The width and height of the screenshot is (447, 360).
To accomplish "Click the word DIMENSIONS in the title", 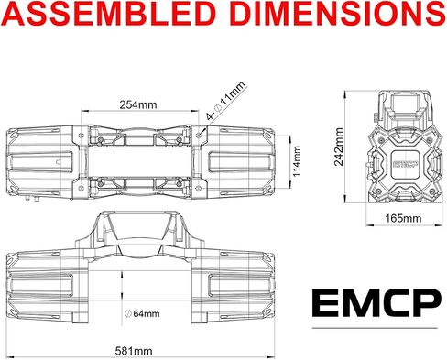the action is [339, 13].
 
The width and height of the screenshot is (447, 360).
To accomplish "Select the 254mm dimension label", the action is [138, 104].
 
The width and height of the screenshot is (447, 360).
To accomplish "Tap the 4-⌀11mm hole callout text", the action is [225, 101].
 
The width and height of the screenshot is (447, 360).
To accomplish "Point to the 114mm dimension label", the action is [296, 161].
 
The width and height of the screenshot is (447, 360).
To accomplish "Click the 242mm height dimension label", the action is [339, 147].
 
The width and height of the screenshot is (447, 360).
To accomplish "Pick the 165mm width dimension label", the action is [403, 219].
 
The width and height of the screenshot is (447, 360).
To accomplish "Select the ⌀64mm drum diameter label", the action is [142, 313].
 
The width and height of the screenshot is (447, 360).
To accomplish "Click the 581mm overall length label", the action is [134, 351].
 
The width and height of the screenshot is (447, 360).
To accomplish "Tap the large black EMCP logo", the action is [376, 303].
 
